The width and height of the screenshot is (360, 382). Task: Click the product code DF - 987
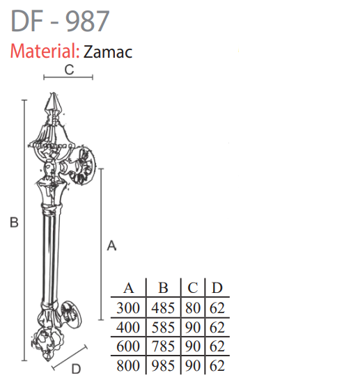coord(60,21)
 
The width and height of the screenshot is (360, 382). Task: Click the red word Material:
coord(45,51)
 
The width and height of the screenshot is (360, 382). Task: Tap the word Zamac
coord(108,52)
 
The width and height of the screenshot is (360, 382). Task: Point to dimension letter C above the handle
coord(69,70)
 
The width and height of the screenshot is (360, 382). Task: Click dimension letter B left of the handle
coord(14,223)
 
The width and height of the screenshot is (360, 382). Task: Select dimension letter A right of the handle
coord(111,246)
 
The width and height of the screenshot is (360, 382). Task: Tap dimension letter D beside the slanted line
coord(76,369)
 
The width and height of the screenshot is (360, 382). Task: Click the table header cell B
coord(163,288)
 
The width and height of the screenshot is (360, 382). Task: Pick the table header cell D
coord(217,288)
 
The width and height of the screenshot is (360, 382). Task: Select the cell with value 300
coord(128,308)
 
